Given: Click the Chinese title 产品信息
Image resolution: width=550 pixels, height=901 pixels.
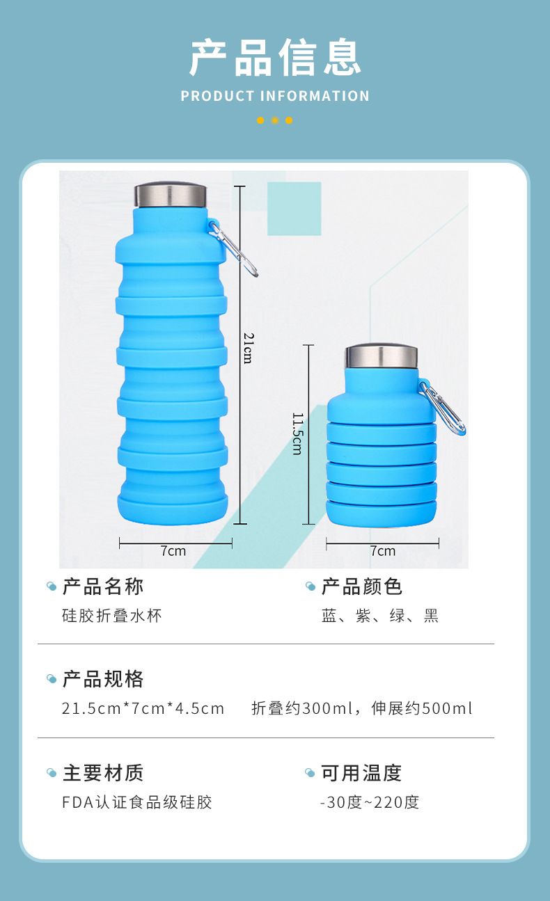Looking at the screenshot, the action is pos(275,57).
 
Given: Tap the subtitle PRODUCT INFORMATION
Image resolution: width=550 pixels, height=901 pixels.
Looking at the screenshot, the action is pos(275,96).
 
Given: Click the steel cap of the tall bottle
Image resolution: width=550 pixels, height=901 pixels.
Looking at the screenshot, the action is pos(171,196).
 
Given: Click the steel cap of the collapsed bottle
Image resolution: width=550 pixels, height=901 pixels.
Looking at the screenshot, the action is pos(382,356).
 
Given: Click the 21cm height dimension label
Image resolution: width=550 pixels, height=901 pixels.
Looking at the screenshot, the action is pos(248,347).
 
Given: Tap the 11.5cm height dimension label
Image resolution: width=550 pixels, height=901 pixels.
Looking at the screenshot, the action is pos(297,433).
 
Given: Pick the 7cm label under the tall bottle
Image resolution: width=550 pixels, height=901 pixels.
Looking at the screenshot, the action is pos(173,551).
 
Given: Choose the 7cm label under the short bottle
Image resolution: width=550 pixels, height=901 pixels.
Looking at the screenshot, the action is pos(382,551).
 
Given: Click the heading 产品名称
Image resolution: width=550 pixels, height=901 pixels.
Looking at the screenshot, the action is pos(103,587).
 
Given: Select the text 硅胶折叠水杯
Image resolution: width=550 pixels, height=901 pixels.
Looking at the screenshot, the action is pos(112,616).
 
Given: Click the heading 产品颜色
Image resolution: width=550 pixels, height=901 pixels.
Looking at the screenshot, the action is pos(362,587).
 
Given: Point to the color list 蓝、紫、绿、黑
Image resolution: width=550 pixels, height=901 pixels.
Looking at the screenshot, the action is pos(380,616).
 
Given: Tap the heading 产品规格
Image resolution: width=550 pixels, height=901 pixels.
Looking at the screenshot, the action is pos(103,679).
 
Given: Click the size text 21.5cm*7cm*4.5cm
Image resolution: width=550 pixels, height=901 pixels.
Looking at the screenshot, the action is pos(143,709).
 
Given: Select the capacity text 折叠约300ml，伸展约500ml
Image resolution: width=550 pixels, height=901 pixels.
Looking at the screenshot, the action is pos(362,709).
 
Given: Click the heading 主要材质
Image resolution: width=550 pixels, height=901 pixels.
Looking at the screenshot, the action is pos(103,773).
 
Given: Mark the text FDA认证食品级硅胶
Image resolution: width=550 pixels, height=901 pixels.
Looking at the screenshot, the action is pos(137,802).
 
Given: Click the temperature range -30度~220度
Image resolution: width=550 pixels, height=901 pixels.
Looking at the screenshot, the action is pos(370,802).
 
